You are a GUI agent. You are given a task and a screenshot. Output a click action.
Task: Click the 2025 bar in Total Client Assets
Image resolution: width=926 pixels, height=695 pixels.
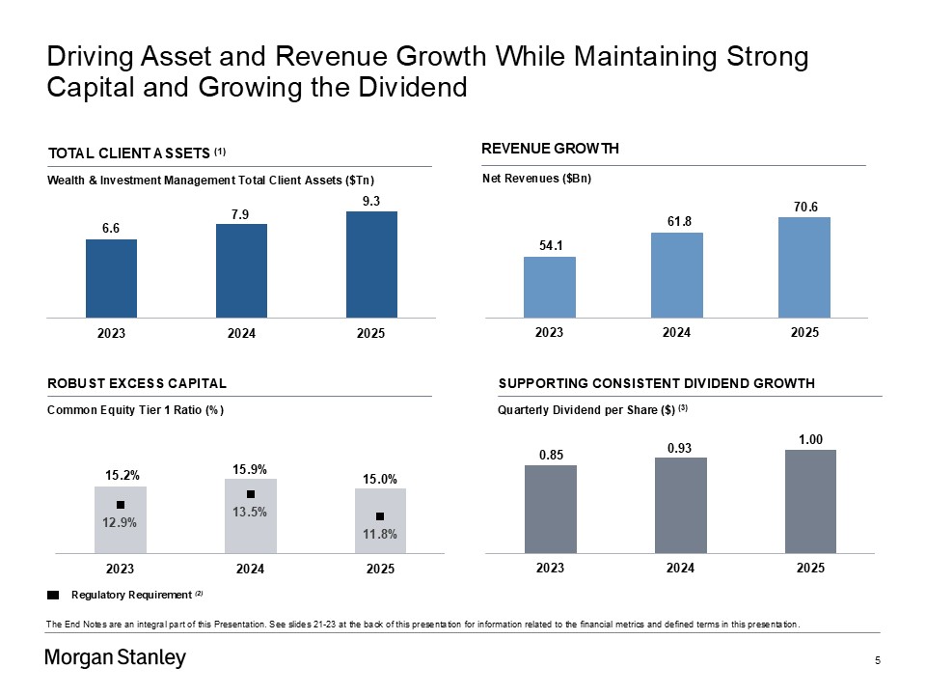(x=371, y=264)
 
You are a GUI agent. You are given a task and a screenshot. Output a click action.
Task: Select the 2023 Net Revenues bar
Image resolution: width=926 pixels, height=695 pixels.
(x=549, y=287)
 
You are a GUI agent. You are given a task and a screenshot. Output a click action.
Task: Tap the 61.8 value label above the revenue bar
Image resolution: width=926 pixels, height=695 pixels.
(x=676, y=222)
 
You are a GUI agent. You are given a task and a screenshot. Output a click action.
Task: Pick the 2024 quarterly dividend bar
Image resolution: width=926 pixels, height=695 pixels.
(x=680, y=505)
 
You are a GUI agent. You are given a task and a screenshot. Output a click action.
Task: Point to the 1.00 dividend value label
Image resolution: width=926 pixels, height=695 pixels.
(x=810, y=439)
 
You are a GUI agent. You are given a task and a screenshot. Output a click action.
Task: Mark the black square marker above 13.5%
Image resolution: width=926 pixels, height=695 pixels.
(x=250, y=494)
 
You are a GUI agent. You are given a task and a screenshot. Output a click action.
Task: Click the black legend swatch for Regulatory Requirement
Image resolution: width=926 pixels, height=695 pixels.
(x=53, y=594)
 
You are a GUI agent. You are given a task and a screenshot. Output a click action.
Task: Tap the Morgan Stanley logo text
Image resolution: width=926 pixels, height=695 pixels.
(x=116, y=659)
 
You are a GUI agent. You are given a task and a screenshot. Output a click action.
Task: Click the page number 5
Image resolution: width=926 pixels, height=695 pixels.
(x=878, y=660)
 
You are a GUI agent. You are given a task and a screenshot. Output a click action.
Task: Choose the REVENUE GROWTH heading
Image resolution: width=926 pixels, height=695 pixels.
(x=550, y=148)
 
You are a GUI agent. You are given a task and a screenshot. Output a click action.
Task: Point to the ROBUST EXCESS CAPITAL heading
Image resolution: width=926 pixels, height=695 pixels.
(x=137, y=383)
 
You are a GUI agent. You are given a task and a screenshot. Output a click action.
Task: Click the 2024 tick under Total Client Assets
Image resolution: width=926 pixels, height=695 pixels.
(x=241, y=333)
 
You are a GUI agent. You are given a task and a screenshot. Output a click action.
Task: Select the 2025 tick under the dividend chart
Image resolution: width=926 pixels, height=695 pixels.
(x=810, y=569)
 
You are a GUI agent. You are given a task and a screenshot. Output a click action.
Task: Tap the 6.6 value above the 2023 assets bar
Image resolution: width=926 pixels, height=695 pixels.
(x=111, y=228)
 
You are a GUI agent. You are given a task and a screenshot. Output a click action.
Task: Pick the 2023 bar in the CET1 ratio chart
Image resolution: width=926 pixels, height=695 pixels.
(x=121, y=519)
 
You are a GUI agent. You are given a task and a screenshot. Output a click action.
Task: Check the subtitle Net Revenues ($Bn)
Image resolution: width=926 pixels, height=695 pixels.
(x=536, y=179)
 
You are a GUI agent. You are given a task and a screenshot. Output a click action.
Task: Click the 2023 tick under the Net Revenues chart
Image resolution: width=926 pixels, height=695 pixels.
(x=549, y=332)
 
